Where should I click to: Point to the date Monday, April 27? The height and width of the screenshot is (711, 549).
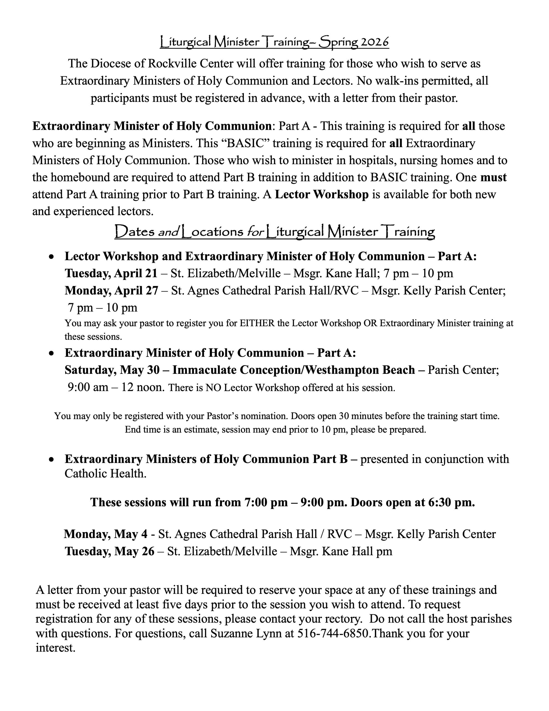pyautogui.click(x=111, y=291)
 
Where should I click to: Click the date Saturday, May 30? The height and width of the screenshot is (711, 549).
pyautogui.click(x=112, y=370)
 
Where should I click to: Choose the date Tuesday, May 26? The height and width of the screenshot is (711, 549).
pyautogui.click(x=109, y=551)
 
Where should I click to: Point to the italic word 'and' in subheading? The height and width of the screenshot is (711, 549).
pyautogui.click(x=168, y=232)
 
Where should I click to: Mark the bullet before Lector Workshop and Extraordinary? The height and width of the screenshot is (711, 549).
pyautogui.click(x=51, y=257)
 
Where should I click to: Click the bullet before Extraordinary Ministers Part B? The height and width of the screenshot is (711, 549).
pyautogui.click(x=51, y=459)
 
